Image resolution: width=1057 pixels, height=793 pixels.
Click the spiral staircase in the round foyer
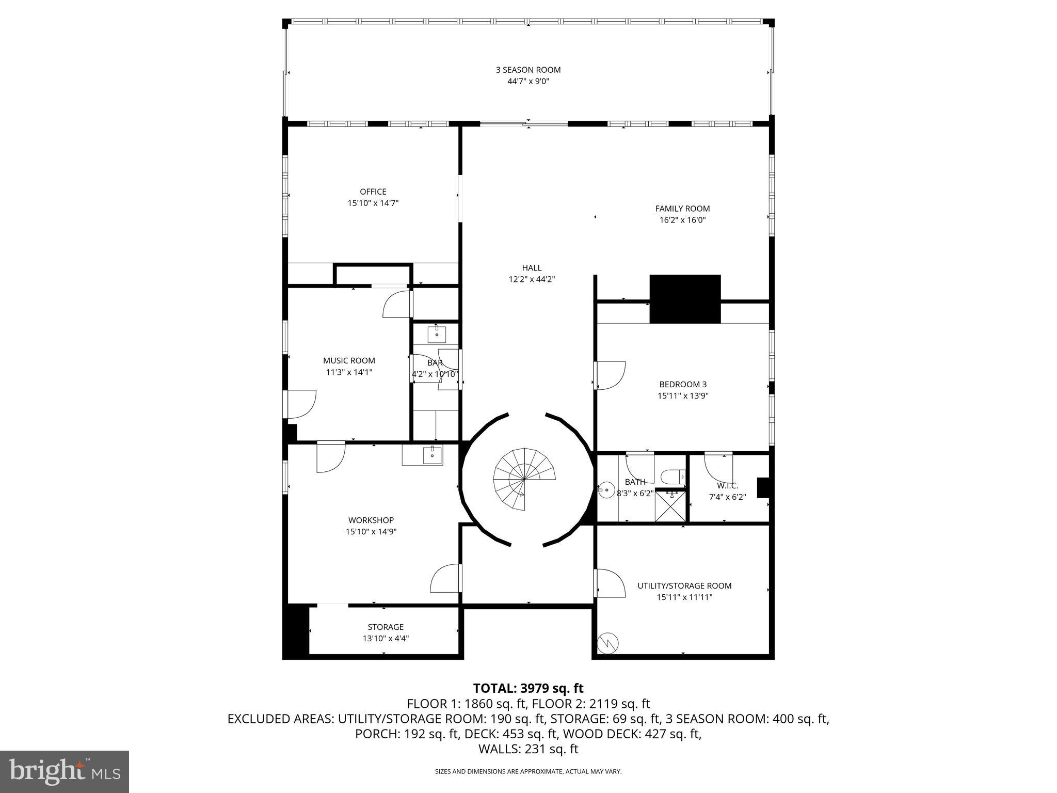524,479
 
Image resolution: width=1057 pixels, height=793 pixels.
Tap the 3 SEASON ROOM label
528,70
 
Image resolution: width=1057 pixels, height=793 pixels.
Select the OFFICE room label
373,192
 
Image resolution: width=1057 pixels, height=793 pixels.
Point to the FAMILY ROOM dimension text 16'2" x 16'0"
682,220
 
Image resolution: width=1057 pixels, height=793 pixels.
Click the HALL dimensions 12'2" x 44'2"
532,279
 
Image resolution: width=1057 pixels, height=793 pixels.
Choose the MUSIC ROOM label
349,360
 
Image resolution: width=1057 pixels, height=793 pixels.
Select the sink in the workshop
431,456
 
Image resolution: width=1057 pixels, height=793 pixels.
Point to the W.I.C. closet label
727,486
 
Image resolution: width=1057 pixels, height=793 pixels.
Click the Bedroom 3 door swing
610,375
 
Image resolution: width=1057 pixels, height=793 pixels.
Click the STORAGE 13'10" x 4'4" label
386,632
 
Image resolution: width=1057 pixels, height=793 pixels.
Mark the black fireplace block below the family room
684,299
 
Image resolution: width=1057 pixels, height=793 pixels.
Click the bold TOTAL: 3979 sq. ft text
528,688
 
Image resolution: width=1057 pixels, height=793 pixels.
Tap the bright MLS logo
65,771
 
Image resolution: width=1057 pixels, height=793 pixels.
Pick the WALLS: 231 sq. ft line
528,749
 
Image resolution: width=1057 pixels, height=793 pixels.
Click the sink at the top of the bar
437,334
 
